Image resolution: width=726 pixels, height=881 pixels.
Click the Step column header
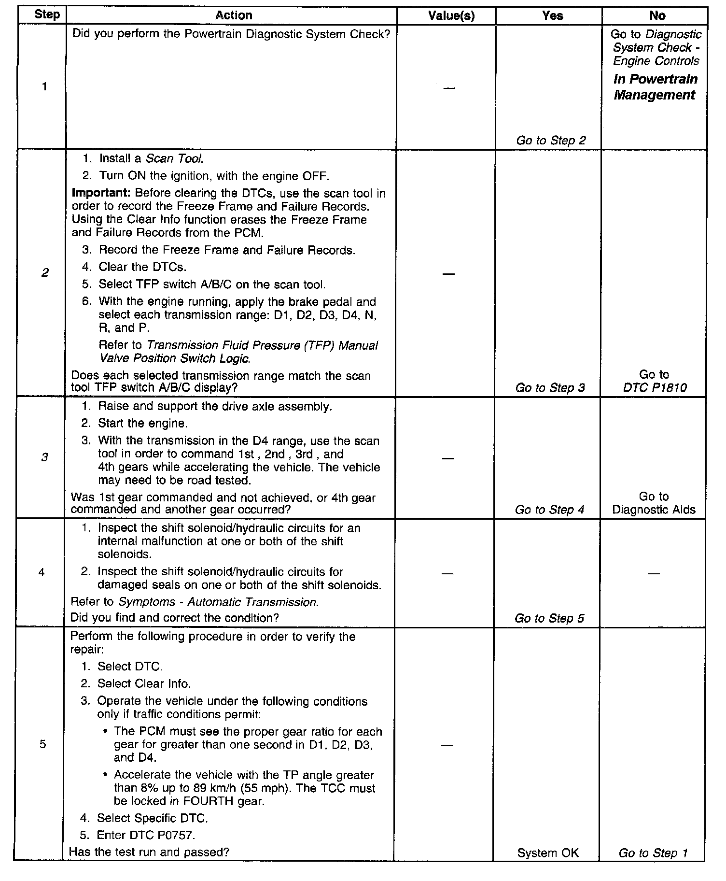coord(47,15)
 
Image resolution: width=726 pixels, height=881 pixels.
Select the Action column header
coord(234,15)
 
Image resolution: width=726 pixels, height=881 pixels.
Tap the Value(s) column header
coord(451,16)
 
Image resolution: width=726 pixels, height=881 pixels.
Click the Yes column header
coord(552,16)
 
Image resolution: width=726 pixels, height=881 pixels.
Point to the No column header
coord(657,16)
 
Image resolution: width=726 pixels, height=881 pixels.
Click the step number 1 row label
coord(44,87)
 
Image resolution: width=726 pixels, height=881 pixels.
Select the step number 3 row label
coord(44,457)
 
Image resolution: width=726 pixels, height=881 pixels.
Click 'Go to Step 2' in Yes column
coord(551,141)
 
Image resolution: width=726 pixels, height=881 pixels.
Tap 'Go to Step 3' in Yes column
coord(550,388)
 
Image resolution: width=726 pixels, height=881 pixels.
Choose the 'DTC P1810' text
coord(655,387)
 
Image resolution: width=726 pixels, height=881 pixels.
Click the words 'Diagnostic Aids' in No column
coord(654,510)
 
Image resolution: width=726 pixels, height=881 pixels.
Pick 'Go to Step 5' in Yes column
coord(549,618)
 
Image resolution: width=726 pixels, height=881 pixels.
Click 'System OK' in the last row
coord(548,853)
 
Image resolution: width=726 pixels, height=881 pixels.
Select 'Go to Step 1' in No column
coord(653,853)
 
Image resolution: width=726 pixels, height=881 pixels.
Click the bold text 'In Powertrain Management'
coord(655,87)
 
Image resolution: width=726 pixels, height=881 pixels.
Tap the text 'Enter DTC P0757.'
coord(146,835)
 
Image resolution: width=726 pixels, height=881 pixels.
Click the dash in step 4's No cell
coord(653,573)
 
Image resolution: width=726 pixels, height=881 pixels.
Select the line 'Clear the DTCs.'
coord(142,267)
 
